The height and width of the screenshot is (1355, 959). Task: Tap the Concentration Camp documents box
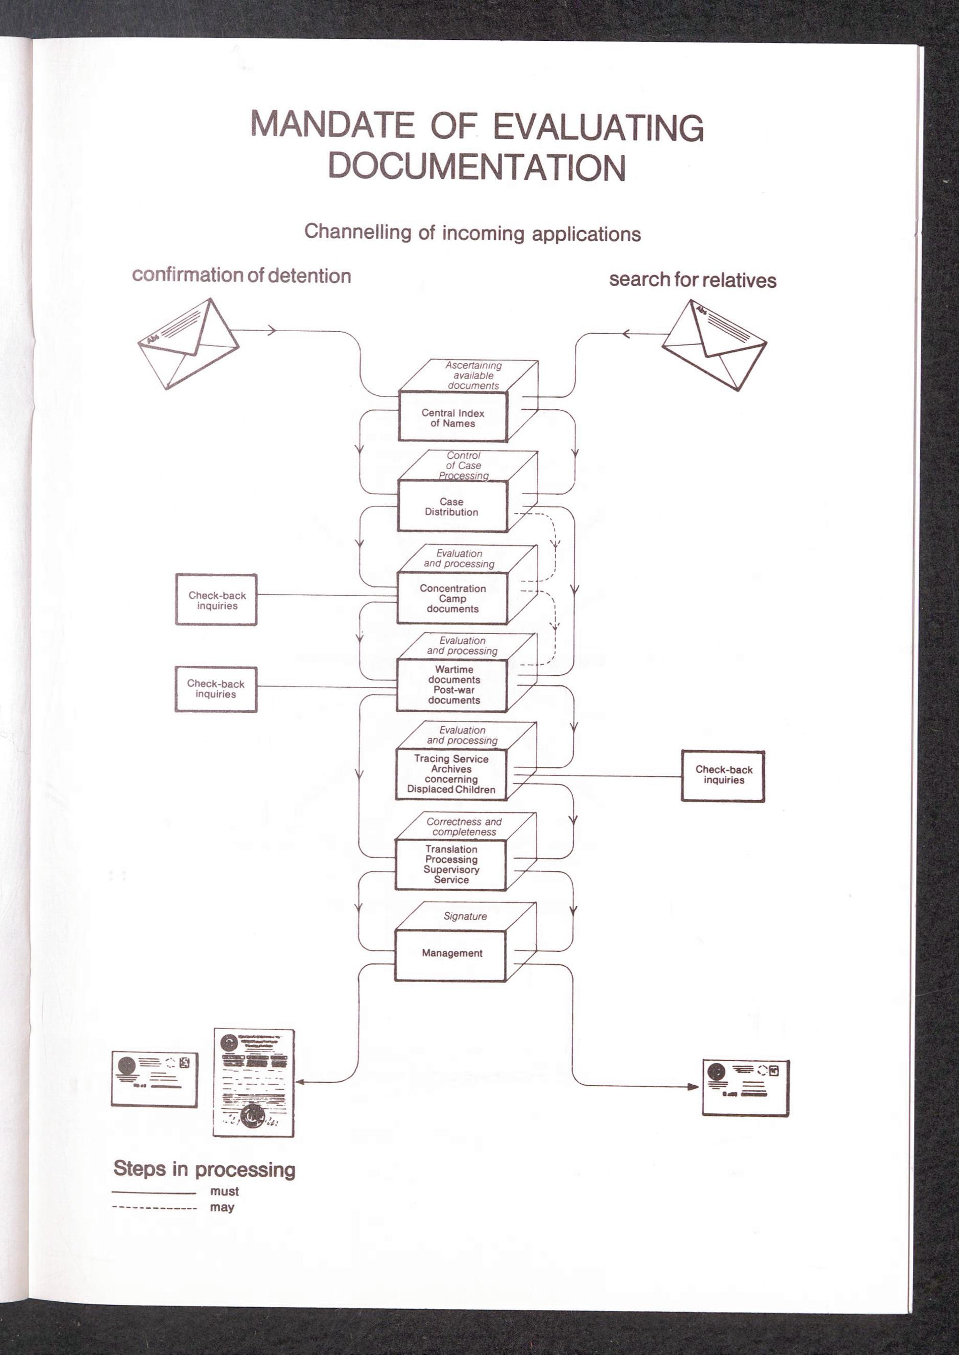click(452, 599)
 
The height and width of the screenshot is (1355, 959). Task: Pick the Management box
click(451, 953)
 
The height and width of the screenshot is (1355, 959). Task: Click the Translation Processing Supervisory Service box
click(451, 864)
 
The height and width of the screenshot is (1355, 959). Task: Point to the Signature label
click(465, 916)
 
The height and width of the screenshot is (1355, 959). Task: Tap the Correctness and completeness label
click(464, 826)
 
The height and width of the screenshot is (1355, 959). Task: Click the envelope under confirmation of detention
click(188, 344)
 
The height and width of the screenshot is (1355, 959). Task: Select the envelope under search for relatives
click(714, 345)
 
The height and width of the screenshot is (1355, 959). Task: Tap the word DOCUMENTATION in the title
click(477, 167)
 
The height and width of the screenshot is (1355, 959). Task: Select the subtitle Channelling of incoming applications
click(472, 233)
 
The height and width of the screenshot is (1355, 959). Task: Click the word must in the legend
click(224, 1191)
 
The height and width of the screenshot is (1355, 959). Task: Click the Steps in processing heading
click(204, 1169)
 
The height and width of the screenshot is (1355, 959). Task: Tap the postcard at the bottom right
click(745, 1088)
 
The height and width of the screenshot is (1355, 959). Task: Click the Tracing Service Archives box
click(451, 774)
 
